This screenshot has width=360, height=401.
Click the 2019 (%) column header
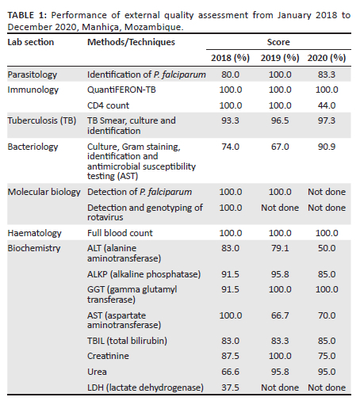(280, 58)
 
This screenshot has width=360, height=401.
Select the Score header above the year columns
(278, 42)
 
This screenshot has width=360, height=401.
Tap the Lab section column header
(31, 42)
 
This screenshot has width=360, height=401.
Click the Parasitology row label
(33, 74)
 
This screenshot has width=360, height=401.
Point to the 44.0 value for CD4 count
(327, 105)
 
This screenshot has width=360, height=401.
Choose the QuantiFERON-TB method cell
(121, 90)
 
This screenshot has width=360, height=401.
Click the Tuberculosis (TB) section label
(42, 120)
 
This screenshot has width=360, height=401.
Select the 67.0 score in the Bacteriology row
(280, 147)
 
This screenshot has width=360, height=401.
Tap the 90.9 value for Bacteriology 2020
(327, 147)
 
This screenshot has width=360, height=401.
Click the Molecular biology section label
(44, 192)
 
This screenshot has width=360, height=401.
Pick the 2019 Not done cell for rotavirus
(280, 208)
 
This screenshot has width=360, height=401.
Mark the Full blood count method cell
(120, 233)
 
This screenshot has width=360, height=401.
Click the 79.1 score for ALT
(280, 248)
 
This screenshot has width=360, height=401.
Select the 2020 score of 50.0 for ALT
(327, 248)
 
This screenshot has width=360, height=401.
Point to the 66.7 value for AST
(280, 315)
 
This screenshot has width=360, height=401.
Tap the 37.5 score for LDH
(230, 388)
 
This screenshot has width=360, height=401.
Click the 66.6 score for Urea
(230, 372)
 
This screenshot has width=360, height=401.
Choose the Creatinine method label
(108, 356)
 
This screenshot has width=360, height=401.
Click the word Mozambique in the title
(154, 27)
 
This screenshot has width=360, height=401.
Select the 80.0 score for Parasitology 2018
(230, 74)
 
